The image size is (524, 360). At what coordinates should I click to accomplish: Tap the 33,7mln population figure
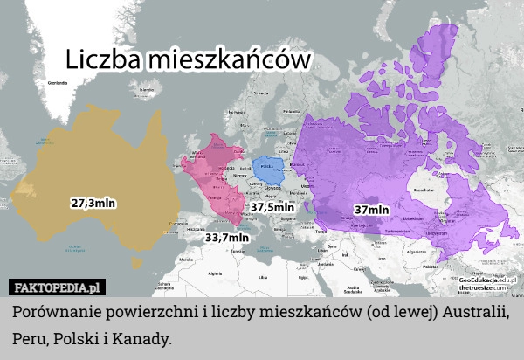pos(227,236)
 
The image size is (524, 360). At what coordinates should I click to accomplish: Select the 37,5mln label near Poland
pos(272,208)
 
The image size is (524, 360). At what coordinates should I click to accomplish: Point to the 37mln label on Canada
pos(371,210)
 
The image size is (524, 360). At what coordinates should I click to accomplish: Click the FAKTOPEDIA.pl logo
pos(57,287)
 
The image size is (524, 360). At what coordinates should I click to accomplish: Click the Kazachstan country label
pos(425,188)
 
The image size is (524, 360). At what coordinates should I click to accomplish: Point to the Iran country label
pos(381,259)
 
